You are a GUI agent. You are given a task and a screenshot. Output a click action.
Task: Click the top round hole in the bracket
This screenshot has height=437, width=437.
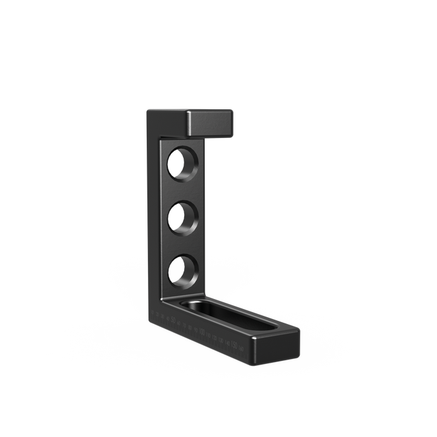pyautogui.click(x=184, y=163)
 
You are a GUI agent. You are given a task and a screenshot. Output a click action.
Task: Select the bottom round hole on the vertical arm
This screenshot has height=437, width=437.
pyautogui.click(x=184, y=270)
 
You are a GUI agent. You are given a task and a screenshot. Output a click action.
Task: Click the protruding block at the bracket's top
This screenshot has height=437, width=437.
pyautogui.click(x=211, y=123)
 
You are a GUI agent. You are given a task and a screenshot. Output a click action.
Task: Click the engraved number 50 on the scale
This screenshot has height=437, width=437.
pyautogui.click(x=173, y=322)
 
